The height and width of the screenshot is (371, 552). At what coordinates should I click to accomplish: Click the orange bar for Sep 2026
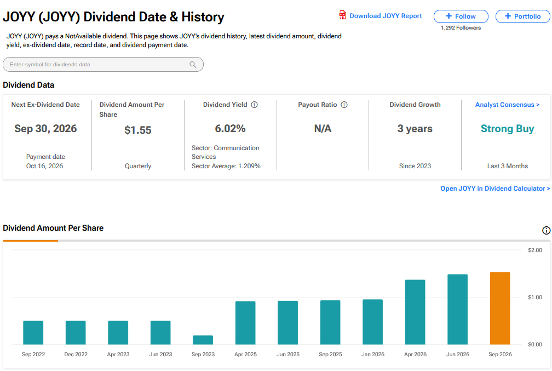pyautogui.click(x=500, y=309)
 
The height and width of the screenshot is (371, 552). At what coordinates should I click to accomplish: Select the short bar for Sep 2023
pyautogui.click(x=203, y=340)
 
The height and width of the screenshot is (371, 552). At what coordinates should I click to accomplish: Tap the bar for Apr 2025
pyautogui.click(x=245, y=323)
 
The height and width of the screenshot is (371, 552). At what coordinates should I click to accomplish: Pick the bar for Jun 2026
pyautogui.click(x=458, y=309)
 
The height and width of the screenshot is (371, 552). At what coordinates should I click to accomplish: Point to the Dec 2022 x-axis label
pyautogui.click(x=76, y=354)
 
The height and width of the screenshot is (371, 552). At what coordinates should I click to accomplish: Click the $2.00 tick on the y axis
pyautogui.click(x=534, y=250)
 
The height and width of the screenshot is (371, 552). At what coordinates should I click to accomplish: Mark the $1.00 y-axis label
pyautogui.click(x=534, y=298)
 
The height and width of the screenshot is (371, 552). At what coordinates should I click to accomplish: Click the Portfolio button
pyautogui.click(x=523, y=16)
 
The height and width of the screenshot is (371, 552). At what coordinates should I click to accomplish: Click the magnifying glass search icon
pyautogui.click(x=193, y=65)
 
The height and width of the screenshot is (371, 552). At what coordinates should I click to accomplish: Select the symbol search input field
pyautogui.click(x=103, y=65)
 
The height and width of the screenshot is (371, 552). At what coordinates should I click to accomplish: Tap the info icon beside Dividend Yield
pyautogui.click(x=254, y=105)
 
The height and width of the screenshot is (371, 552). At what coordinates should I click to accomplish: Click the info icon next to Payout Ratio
pyautogui.click(x=344, y=105)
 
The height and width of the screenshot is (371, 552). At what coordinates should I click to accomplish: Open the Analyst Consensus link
pyautogui.click(x=507, y=105)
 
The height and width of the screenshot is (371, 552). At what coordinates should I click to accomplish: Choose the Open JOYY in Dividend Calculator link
pyautogui.click(x=495, y=189)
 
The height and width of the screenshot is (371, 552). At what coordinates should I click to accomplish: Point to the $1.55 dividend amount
pyautogui.click(x=137, y=130)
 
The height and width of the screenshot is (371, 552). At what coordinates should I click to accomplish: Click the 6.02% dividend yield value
pyautogui.click(x=230, y=129)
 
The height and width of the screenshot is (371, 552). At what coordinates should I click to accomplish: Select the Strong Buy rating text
pyautogui.click(x=507, y=129)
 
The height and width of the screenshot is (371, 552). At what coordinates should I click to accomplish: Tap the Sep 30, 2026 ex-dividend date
pyautogui.click(x=45, y=129)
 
